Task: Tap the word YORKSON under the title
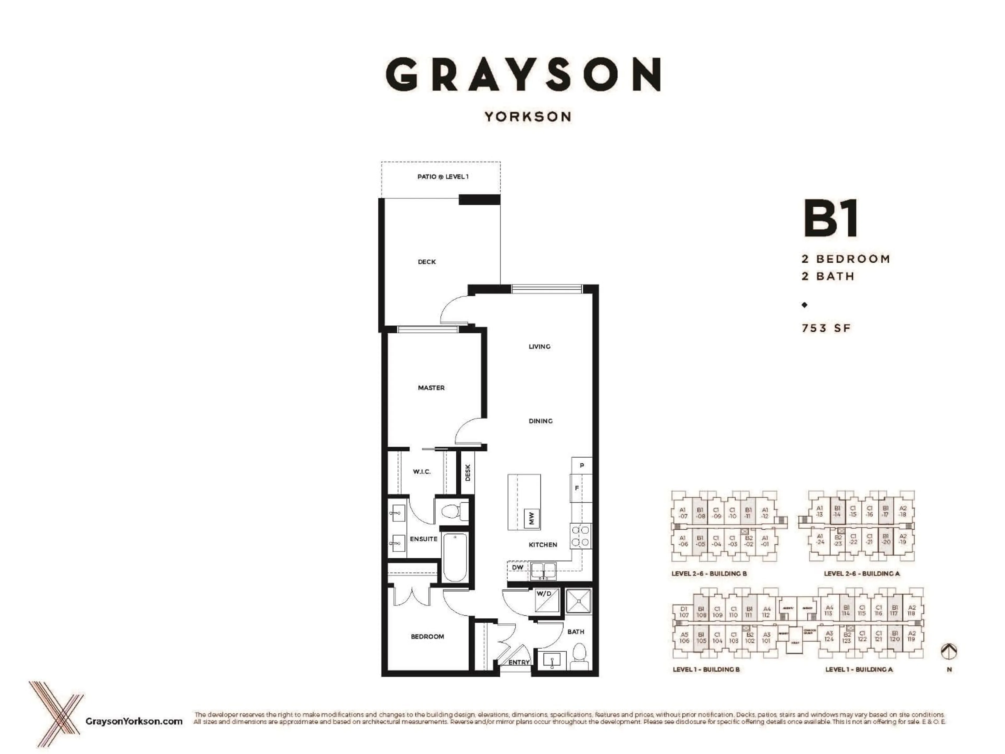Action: tap(527, 117)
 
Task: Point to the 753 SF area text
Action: tap(826, 328)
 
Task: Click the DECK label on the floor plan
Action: tap(427, 262)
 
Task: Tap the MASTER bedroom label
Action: tap(431, 388)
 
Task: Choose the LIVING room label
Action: tap(539, 346)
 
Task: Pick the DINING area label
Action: tap(540, 421)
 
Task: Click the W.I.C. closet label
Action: tap(422, 472)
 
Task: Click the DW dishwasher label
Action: tap(517, 567)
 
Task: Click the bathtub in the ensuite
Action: tap(454, 557)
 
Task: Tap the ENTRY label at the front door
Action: tap(519, 662)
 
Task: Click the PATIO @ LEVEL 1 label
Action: tap(443, 177)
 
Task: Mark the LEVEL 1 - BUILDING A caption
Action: tap(859, 669)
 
